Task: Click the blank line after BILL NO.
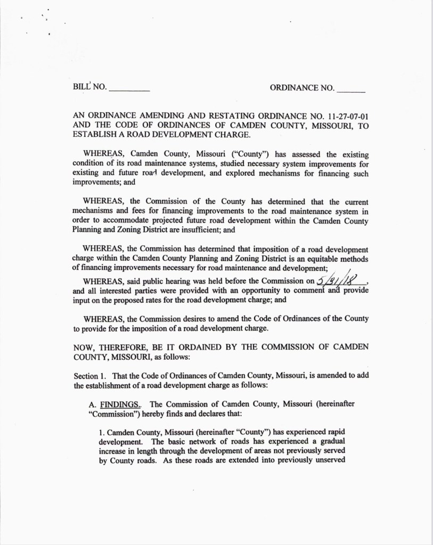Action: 129,91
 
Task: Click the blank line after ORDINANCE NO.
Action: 350,91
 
